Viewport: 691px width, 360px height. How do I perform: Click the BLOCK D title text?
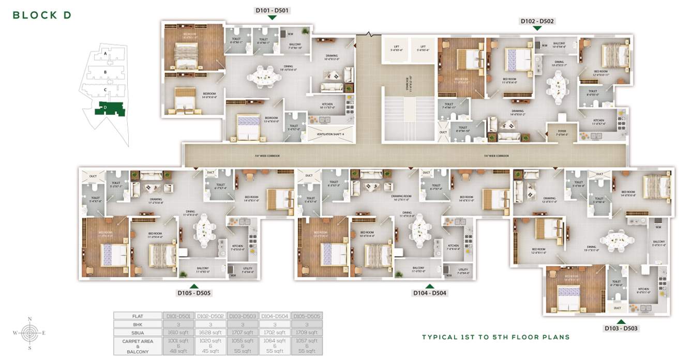tap(42, 15)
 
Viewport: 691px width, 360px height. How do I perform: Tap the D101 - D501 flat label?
tap(272, 10)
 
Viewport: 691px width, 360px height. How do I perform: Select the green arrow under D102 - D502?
tap(537, 28)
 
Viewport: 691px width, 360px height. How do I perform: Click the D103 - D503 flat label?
tap(621, 328)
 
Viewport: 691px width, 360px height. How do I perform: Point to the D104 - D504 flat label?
tap(429, 293)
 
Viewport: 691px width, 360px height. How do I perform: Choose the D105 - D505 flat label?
tap(194, 293)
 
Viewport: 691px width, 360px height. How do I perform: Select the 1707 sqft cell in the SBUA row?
tap(243, 333)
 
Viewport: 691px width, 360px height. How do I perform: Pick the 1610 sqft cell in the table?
tap(178, 333)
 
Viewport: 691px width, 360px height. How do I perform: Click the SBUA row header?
tap(138, 333)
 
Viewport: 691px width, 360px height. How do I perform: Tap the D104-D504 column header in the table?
tap(275, 316)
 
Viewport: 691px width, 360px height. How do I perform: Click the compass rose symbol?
tap(29, 333)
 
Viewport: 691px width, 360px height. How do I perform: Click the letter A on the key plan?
tap(105, 53)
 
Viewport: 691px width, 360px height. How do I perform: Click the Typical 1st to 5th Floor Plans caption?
tap(495, 337)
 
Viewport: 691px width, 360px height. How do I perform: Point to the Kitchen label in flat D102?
tap(598, 122)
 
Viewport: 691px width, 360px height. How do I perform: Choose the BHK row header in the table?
tap(138, 324)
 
